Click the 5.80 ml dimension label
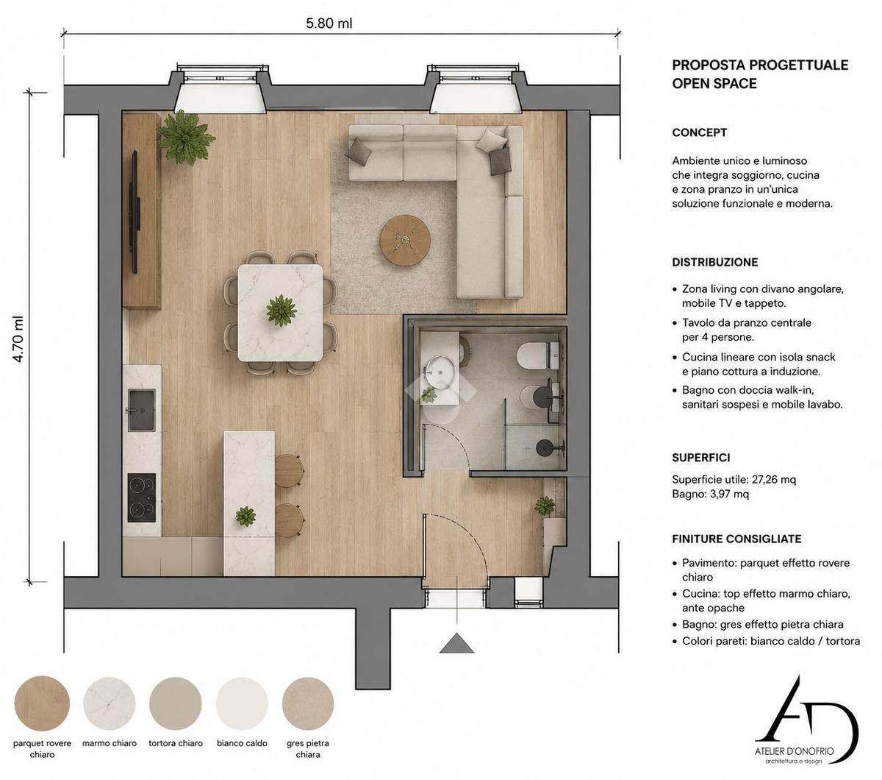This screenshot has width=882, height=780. coord(329,23)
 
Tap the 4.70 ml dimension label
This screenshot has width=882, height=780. coord(18,338)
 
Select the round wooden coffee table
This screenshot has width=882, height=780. coord(405,240)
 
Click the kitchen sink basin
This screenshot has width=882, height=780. coord(141,410)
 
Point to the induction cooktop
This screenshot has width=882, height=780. coord(141,497)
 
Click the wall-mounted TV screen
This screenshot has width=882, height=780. coord(135,213)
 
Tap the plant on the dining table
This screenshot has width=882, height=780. coord(282,311)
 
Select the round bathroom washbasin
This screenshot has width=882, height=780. coord(440,372)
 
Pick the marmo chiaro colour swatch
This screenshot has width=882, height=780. coord(110,703)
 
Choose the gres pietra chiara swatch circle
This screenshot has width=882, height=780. coord(308,703)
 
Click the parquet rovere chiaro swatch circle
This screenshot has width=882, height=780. coord(42,703)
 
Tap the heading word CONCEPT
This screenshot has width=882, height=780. coord(699,132)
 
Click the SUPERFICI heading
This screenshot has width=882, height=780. coord(701,458)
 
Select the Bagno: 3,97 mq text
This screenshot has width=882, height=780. coord(711,494)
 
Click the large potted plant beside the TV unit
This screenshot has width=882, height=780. coord(185,138)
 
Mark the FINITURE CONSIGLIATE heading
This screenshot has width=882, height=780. coord(736,539)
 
